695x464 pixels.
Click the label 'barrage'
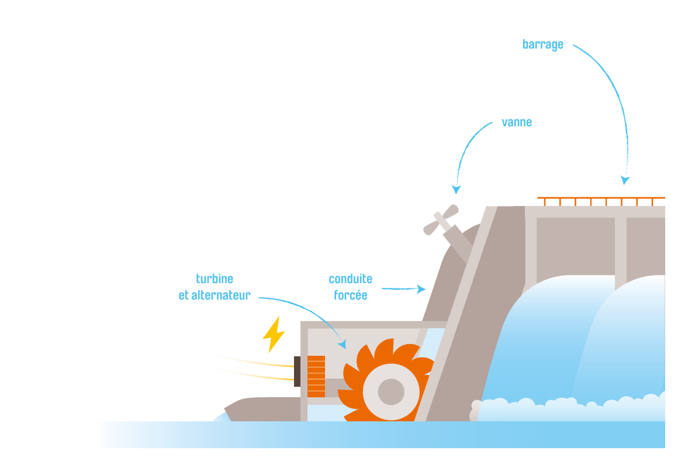point(542,45)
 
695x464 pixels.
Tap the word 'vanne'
point(516,122)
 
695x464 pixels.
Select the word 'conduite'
point(350,279)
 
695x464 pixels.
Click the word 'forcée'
point(350,295)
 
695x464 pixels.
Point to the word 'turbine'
point(215,279)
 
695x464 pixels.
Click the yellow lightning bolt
point(274,335)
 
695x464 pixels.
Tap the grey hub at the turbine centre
point(391,392)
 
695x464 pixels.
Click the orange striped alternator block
point(316,376)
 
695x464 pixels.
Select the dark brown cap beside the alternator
point(298,372)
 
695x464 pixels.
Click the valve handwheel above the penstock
point(441,219)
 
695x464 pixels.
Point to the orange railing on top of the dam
point(601,201)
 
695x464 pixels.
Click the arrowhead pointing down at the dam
point(625,180)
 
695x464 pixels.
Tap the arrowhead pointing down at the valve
point(456,190)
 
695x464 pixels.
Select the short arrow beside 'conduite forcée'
point(403,289)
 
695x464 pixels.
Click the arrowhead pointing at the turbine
point(342,344)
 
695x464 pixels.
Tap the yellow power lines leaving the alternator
point(248,366)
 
